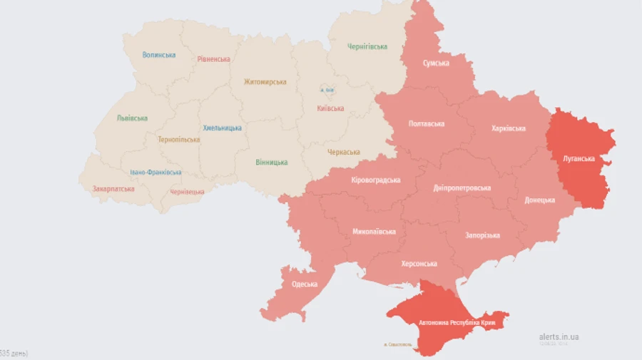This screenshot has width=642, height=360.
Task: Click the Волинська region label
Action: pos(158,55)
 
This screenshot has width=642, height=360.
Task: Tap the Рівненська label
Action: pos(214,59)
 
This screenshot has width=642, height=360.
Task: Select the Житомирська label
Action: pos(265,82)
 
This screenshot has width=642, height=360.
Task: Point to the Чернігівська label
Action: pos(367,46)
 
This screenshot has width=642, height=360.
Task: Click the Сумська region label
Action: pos(435,63)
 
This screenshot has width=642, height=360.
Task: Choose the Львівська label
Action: pos(132,118)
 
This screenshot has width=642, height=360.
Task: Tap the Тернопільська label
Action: pos(179,140)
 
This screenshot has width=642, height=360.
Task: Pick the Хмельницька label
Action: pos(222,128)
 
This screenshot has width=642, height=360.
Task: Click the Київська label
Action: pos(330,108)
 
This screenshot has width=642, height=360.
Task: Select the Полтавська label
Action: pos(427,123)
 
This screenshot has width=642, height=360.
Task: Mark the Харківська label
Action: pos(509,129)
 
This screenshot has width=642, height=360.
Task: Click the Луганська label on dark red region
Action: pos(579,158)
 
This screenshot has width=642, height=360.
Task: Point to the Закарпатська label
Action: pos(113,189)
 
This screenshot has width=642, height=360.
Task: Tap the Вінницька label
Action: pos(272,163)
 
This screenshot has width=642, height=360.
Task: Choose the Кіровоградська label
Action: pos(376,180)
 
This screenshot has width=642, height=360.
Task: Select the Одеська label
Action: pos(305,284)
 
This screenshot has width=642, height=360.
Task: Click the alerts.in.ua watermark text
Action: pos(559,336)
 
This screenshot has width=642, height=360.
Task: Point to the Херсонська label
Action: pos(419,264)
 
